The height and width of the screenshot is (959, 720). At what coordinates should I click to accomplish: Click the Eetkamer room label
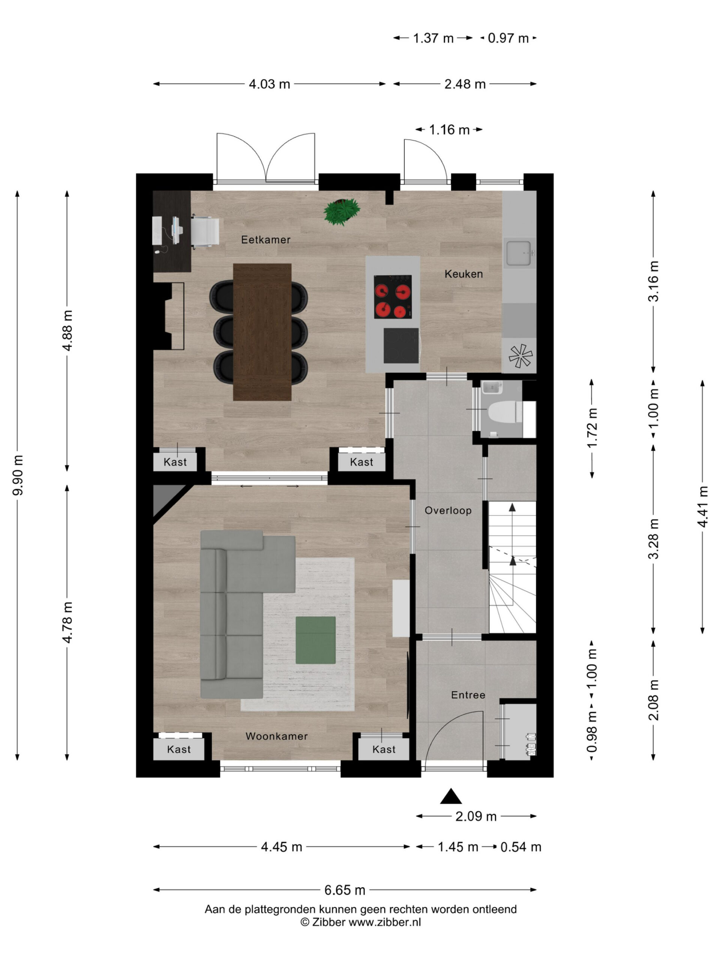pos(265,240)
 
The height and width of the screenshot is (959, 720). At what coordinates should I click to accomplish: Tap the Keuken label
pos(463,274)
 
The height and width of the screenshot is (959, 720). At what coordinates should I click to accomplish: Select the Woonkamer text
pos(276,736)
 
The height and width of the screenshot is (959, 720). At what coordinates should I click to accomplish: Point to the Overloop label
pos(448,511)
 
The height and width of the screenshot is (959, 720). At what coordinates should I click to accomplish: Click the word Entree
pos(468,695)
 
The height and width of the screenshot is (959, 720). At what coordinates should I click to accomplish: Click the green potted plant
pos(342,212)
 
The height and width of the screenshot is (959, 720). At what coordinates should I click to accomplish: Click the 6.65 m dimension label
pos(345,890)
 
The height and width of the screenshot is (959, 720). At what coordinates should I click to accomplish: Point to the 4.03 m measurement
pos(269,84)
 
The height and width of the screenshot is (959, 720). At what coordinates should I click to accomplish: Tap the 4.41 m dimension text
pos(703,506)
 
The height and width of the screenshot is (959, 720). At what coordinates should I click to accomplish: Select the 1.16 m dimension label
pos(449,130)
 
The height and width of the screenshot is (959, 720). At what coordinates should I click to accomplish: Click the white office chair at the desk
pos(205,232)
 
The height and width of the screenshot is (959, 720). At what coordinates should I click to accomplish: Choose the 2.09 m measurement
pos(475,817)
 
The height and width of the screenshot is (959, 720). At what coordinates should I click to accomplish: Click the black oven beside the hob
pos(401,345)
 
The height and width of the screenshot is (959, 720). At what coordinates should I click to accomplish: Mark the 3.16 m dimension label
pos(653,281)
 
